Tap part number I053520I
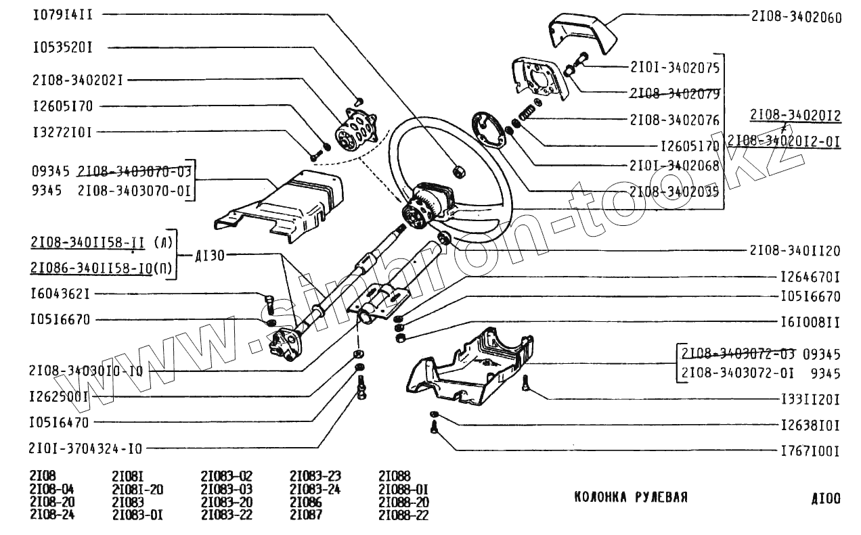63,48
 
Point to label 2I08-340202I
77,80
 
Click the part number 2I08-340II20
795,251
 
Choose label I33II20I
810,400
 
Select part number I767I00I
810,451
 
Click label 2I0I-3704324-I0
86,448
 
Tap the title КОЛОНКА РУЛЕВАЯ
631,498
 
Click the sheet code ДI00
825,499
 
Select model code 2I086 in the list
305,502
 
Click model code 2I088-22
403,515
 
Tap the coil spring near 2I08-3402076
527,114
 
